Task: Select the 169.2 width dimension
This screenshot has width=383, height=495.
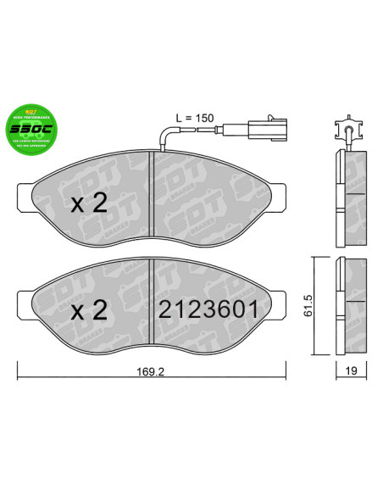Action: coord(152,370)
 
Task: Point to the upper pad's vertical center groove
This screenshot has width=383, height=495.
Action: coord(150,202)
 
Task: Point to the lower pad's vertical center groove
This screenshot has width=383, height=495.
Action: coord(150,308)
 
